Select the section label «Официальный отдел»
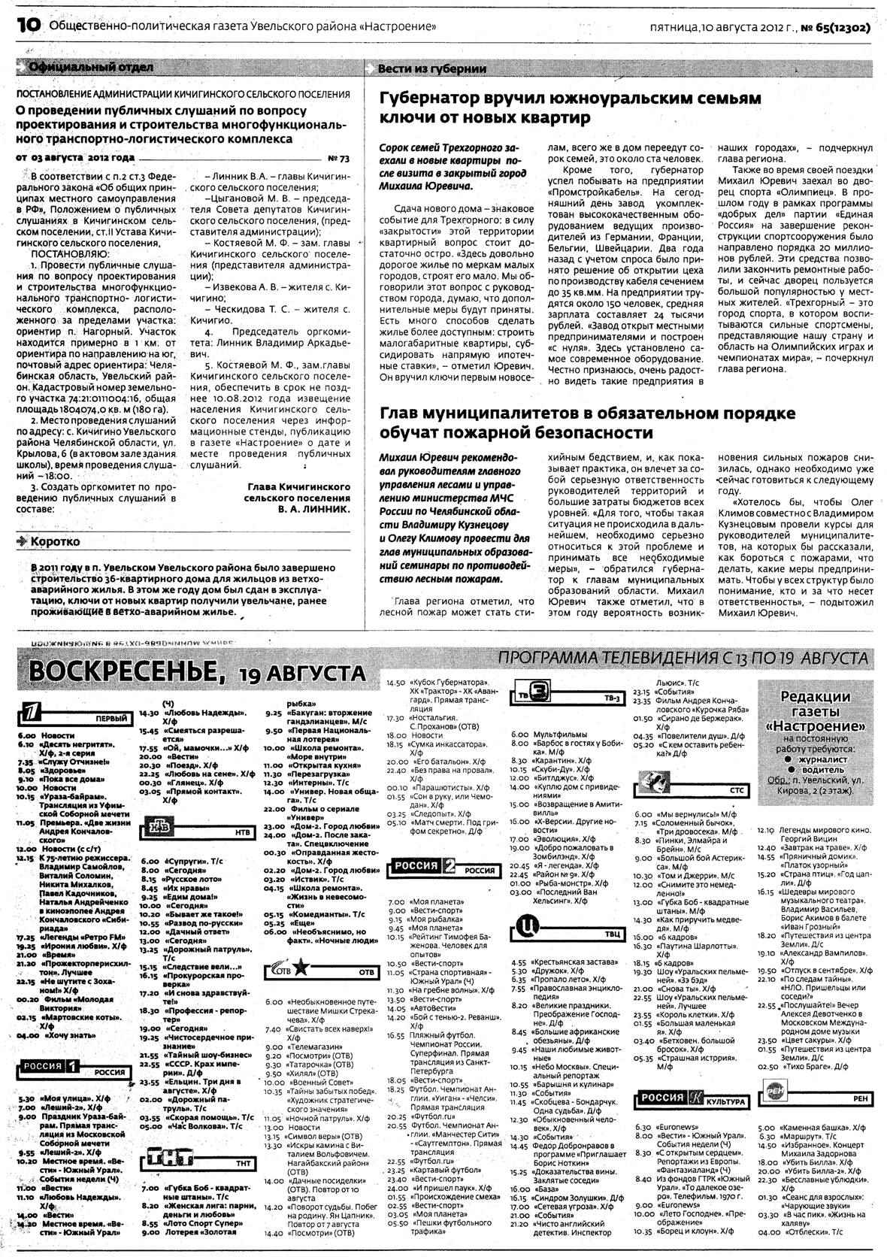tap(90, 68)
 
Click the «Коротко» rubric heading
tap(53, 541)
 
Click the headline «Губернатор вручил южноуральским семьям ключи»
tap(570, 108)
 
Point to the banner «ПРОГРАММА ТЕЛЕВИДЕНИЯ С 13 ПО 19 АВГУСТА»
tap(683, 658)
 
